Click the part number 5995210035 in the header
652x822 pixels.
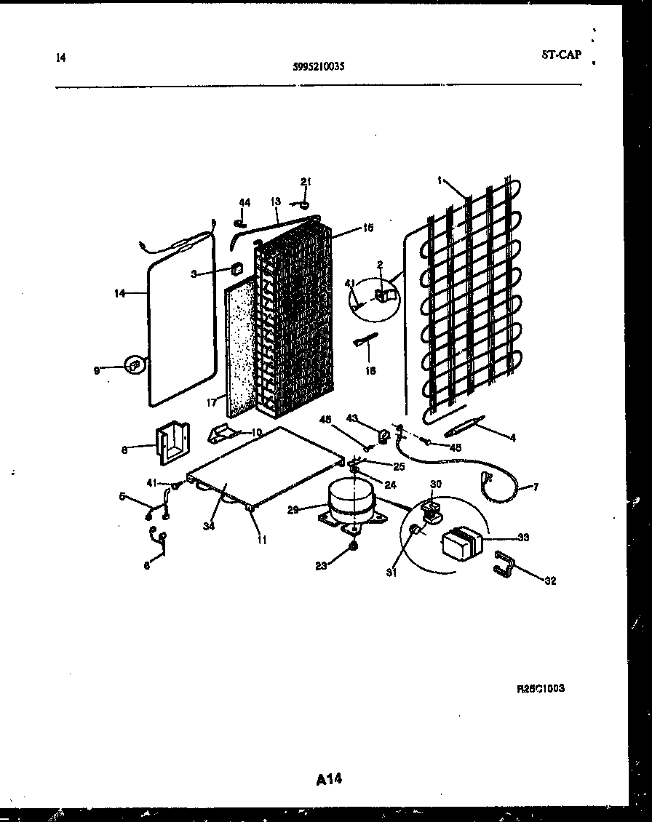[x=318, y=65]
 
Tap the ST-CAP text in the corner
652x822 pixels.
[x=561, y=55]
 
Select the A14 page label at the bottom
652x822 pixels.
[x=329, y=779]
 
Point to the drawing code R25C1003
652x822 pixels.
[x=541, y=688]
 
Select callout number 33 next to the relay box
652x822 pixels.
[x=523, y=538]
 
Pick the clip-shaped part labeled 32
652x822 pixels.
[x=506, y=565]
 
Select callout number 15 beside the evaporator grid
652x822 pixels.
[x=368, y=228]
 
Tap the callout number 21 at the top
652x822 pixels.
[x=306, y=181]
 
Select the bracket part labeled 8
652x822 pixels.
[x=172, y=443]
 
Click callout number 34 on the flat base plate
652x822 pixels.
[x=210, y=526]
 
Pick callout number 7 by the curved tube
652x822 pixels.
[x=536, y=487]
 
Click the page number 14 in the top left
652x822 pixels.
[x=60, y=57]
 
